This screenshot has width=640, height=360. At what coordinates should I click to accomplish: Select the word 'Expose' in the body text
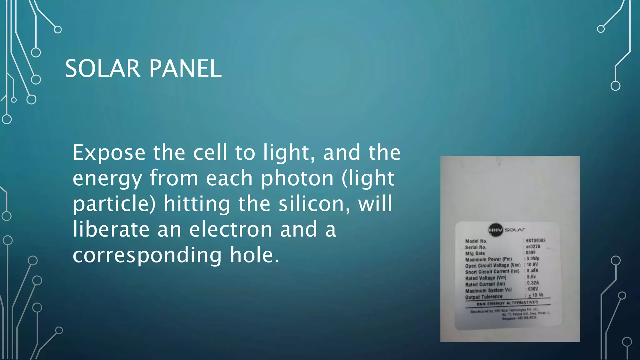[109, 153]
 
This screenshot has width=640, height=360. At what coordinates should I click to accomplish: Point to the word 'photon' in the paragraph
[297, 178]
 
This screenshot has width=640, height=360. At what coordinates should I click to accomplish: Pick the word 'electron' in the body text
[231, 229]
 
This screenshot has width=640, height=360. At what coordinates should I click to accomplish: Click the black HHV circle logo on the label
[496, 230]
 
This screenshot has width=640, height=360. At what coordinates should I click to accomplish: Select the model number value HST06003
[535, 240]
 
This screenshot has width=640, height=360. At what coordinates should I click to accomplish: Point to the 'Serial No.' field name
[475, 247]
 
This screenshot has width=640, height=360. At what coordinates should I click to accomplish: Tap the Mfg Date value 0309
[531, 252]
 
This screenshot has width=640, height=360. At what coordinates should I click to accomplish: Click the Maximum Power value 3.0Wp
[533, 258]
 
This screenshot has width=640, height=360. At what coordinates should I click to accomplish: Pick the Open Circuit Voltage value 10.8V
[532, 264]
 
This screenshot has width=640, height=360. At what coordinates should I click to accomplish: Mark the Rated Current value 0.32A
[533, 283]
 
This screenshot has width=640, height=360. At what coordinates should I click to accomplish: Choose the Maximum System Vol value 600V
[533, 289]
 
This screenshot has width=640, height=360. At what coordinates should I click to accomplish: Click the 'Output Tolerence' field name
[483, 297]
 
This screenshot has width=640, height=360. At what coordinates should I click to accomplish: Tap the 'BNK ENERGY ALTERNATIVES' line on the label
[507, 303]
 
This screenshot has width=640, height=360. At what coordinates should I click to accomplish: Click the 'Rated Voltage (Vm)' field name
[485, 278]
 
